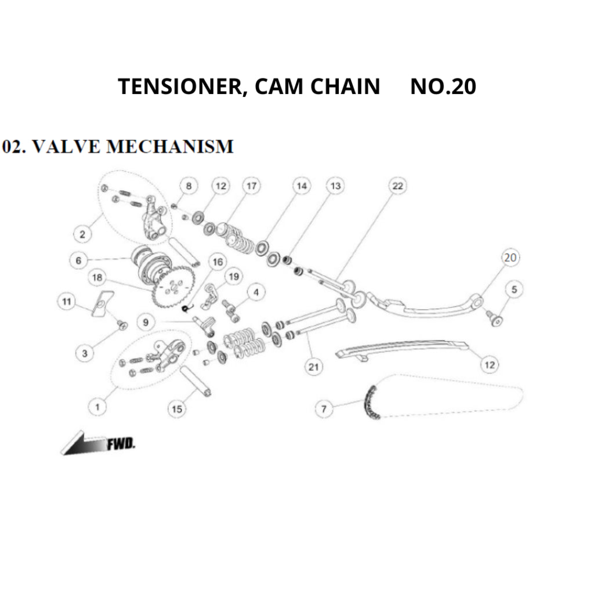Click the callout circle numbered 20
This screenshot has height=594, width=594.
510,258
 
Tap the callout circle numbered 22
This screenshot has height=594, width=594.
397,186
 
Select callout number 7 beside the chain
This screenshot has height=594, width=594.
324,409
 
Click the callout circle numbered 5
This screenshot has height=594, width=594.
514,288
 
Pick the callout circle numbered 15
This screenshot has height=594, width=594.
177,409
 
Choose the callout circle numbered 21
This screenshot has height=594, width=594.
314,367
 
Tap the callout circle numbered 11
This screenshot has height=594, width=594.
67,302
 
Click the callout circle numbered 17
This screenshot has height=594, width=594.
251,186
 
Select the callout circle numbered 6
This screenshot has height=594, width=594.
79,260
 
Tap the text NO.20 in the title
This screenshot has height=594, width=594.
443,86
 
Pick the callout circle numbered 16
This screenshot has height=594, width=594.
218,262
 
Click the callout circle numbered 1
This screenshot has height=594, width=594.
97,407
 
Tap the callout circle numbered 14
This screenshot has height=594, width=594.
301,186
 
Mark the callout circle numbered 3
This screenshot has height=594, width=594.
85,353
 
